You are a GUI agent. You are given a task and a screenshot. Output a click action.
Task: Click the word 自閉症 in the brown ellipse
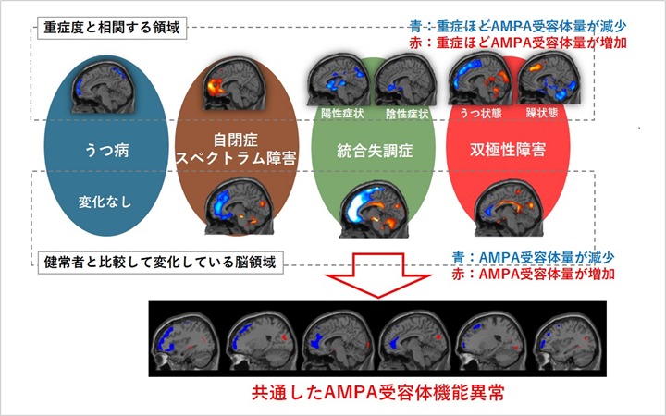point(234,140)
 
